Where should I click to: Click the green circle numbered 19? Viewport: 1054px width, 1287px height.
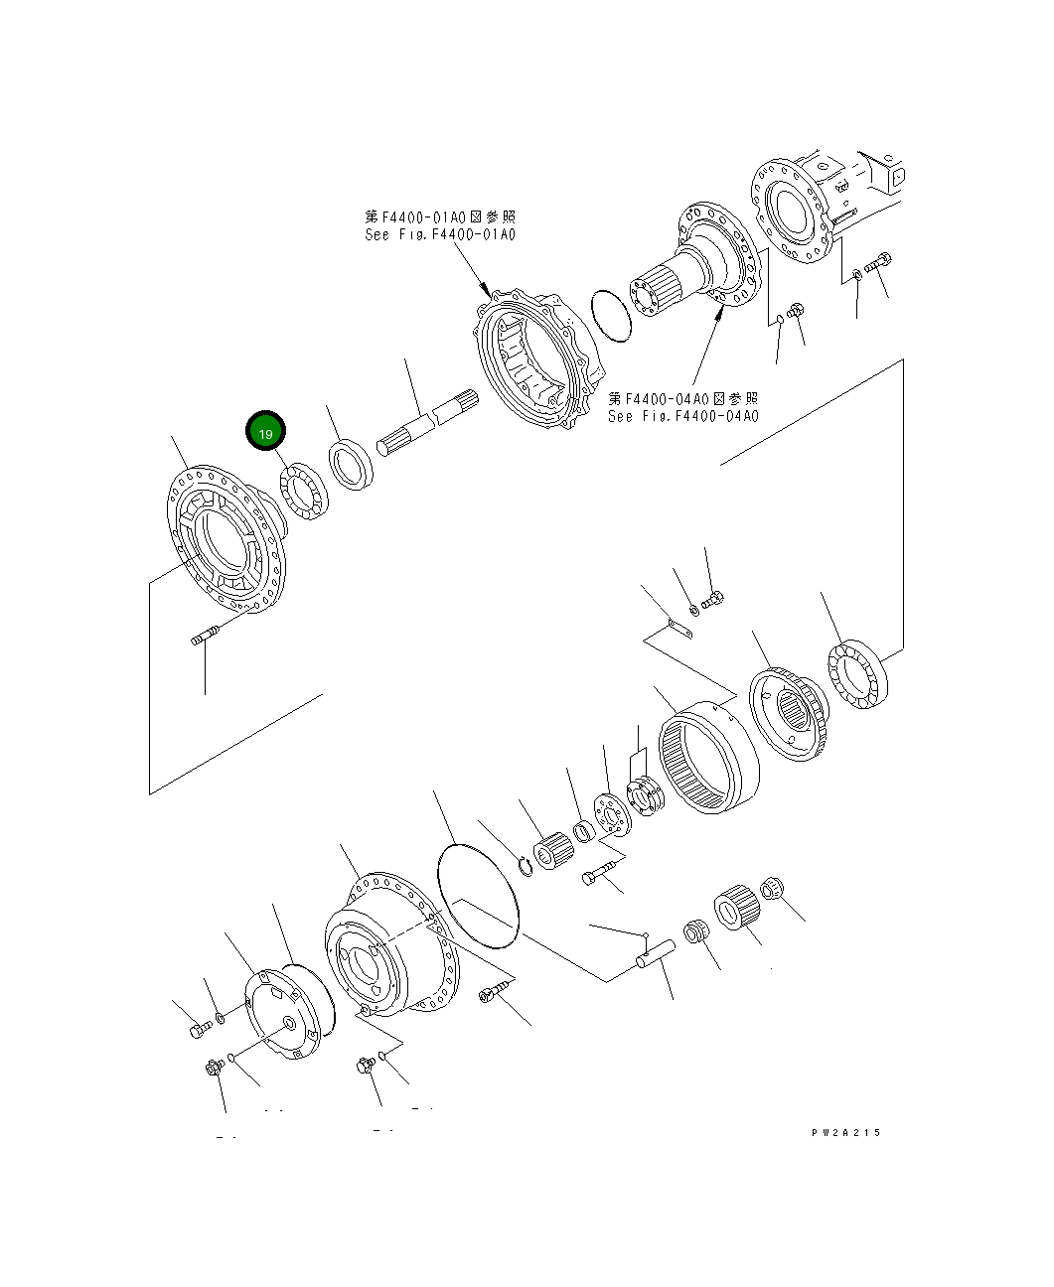point(265,433)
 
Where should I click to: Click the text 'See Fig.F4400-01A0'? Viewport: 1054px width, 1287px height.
point(440,234)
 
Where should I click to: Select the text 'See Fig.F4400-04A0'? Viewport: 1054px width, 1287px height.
point(682,416)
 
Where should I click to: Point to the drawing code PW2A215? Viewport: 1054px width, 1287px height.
point(844,1132)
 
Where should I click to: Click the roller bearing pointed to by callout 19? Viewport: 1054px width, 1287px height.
point(304,492)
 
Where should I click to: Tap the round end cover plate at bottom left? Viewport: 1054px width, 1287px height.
point(288,1014)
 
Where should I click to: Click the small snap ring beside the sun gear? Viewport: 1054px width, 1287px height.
point(526,866)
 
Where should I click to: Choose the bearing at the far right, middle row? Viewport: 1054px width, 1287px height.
point(856,676)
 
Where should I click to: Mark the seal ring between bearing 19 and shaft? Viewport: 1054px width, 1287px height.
point(350,464)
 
